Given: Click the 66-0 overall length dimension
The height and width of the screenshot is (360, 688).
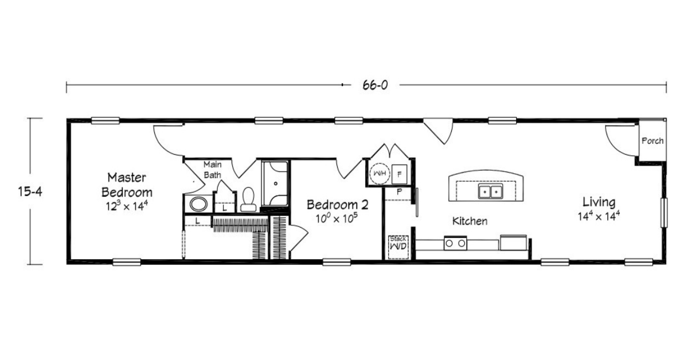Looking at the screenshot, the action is tap(375, 85).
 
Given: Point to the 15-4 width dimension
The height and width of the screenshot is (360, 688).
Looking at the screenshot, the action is tap(30, 191).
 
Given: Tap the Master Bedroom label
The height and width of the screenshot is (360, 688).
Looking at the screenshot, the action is tap(127, 185).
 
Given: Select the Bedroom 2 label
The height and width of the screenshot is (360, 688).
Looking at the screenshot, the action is tap(337, 205).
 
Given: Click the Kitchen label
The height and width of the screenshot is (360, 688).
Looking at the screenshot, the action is tap(470, 221).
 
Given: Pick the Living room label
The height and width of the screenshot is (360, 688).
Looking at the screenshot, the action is tap(599, 202).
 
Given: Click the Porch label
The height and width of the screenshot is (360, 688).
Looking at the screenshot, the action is tap(652, 140).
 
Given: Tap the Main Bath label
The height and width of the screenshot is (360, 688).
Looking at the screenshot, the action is tap(213, 170).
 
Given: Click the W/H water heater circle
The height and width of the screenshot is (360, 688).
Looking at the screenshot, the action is tap(380, 173).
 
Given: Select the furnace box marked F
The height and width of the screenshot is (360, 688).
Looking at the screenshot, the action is tap(399, 174).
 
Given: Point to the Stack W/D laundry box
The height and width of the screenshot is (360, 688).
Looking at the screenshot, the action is tap(398, 247).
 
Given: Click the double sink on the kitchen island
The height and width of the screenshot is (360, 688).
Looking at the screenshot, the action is tap(491, 191).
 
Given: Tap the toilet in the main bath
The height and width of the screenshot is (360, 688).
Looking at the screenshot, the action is tap(248, 199).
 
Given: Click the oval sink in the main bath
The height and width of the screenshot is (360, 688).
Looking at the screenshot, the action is tap(198, 204).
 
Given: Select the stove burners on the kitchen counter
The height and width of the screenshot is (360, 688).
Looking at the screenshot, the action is tap(455, 243).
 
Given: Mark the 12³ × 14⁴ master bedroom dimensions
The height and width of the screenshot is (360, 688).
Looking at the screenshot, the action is tap(127, 205).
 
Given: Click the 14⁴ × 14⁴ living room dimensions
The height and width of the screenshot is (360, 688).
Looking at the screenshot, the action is tap(599, 216).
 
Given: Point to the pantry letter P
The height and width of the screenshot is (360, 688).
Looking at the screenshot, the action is tap(399, 192).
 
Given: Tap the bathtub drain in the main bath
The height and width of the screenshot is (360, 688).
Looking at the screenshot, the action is tap(276, 183).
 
